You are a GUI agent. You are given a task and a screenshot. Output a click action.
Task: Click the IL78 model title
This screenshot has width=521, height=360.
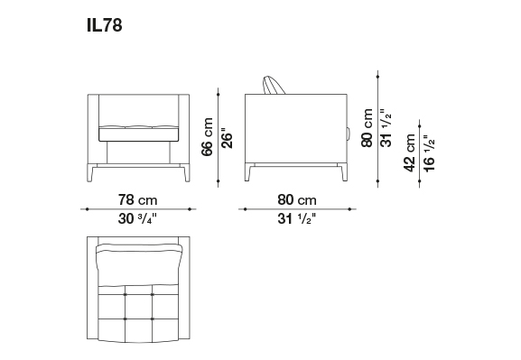pyautogui.click(x=105, y=25)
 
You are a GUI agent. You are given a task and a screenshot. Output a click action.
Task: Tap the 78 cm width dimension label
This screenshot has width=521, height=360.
pyautogui.click(x=137, y=200)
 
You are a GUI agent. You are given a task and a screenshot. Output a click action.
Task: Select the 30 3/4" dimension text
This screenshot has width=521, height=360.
pyautogui.click(x=137, y=219)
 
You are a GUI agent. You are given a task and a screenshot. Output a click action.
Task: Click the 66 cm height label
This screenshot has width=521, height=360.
pyautogui.click(x=207, y=136)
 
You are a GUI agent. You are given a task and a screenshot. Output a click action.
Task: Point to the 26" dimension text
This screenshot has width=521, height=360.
pyautogui.click(x=227, y=138)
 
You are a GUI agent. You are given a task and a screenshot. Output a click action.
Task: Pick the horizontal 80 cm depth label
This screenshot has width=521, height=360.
pyautogui.click(x=297, y=200)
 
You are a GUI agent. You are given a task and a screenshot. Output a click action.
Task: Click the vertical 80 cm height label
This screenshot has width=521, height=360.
pyautogui.click(x=367, y=128)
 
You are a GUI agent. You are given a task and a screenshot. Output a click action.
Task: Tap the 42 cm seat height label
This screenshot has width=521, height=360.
pyautogui.click(x=409, y=152)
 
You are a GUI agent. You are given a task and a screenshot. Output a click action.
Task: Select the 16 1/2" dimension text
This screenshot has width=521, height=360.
pyautogui.click(x=429, y=153)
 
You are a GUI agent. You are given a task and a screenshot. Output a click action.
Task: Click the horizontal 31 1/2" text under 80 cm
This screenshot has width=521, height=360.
pyautogui.click(x=297, y=219)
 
